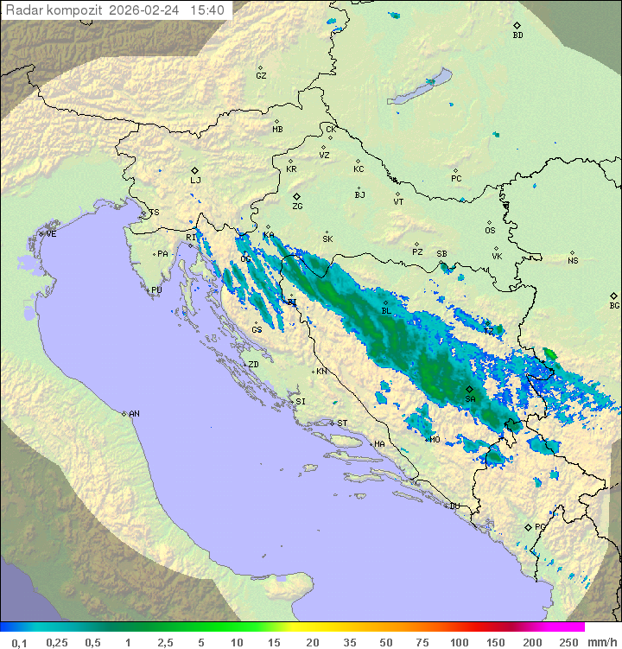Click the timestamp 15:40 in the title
click(x=207, y=10)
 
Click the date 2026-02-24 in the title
click(x=149, y=10)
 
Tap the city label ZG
click(x=297, y=207)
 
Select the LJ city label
click(x=195, y=181)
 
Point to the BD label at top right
click(x=517, y=35)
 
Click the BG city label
click(x=614, y=305)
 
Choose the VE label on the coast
click(x=51, y=233)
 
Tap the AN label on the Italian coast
click(x=134, y=414)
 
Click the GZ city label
click(x=261, y=76)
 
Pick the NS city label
click(x=573, y=260)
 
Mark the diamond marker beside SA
click(x=469, y=390)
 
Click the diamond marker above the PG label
click(x=528, y=526)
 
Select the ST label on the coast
click(x=342, y=423)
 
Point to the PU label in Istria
click(x=156, y=290)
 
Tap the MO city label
click(x=435, y=440)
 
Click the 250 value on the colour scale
click(x=568, y=642)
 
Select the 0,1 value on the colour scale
click(x=18, y=642)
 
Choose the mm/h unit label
click(x=602, y=642)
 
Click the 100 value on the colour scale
click(x=459, y=642)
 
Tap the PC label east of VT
click(x=456, y=179)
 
